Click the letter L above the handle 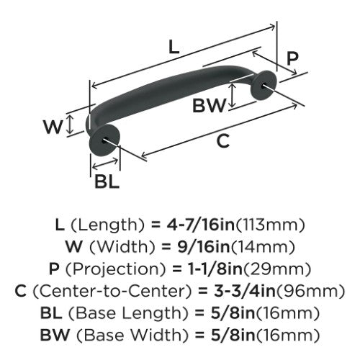tap(174, 47)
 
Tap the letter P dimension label tap(292, 58)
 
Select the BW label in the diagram tap(210, 106)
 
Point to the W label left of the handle tap(53, 127)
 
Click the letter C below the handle tap(223, 141)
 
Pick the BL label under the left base tap(107, 181)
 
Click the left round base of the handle tap(104, 140)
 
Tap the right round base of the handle tap(264, 84)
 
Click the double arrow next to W tap(70, 124)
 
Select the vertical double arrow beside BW tap(232, 95)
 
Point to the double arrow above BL tap(105, 163)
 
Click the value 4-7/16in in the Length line tap(200, 225)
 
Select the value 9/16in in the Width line tap(204, 247)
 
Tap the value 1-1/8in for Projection tap(215, 269)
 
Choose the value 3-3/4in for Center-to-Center tap(245, 291)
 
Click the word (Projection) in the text tap(116, 269)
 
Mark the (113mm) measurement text tap(270, 225)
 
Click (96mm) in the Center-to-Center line tap(310, 292)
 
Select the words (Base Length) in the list tap(128, 313)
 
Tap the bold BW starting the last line tap(55, 335)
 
